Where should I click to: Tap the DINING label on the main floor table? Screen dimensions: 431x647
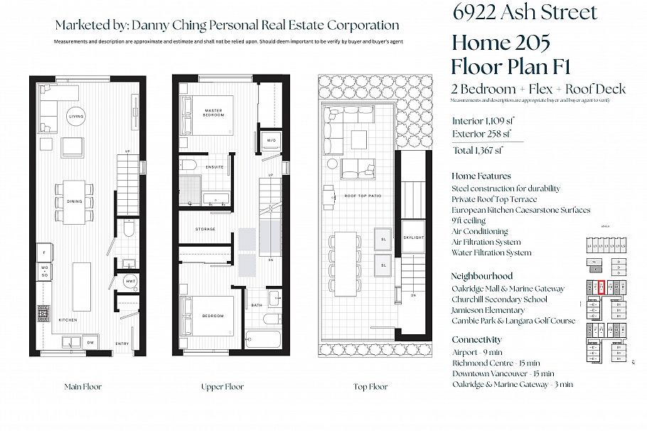[75, 201]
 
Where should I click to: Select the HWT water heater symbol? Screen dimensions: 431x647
[130, 282]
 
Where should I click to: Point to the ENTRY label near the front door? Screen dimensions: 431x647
[122, 344]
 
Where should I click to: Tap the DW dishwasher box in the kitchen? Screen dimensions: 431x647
[90, 343]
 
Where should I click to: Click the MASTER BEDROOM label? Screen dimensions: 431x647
[213, 113]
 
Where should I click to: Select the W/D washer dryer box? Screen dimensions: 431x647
[271, 139]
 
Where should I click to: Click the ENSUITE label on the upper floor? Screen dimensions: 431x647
[214, 167]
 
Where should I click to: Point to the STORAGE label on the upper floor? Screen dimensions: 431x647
[205, 229]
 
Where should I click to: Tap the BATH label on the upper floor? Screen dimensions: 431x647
[257, 305]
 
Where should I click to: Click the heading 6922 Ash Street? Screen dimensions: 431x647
[525, 12]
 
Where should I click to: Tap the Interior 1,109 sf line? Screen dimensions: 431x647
[483, 120]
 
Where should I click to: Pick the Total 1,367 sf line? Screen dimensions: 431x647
[478, 150]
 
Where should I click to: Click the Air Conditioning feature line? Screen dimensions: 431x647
[480, 231]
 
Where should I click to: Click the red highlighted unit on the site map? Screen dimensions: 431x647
[601, 287]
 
